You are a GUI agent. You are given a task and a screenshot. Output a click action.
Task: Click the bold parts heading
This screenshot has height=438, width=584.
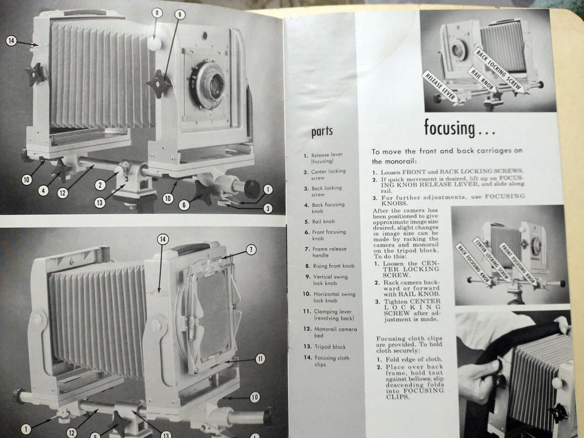(x=322, y=131)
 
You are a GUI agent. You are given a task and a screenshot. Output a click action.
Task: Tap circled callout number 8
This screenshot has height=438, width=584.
(x=156, y=12)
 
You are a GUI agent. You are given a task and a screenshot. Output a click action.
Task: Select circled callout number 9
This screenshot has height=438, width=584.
(x=180, y=14)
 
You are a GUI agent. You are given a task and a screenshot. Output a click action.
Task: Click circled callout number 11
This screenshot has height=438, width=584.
(x=260, y=359)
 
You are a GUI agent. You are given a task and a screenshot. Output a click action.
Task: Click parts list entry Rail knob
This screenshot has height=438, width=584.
(x=323, y=221)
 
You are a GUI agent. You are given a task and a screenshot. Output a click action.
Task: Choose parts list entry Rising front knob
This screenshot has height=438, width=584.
(x=330, y=266)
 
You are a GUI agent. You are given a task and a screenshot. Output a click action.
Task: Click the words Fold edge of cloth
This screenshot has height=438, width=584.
(x=420, y=359)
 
